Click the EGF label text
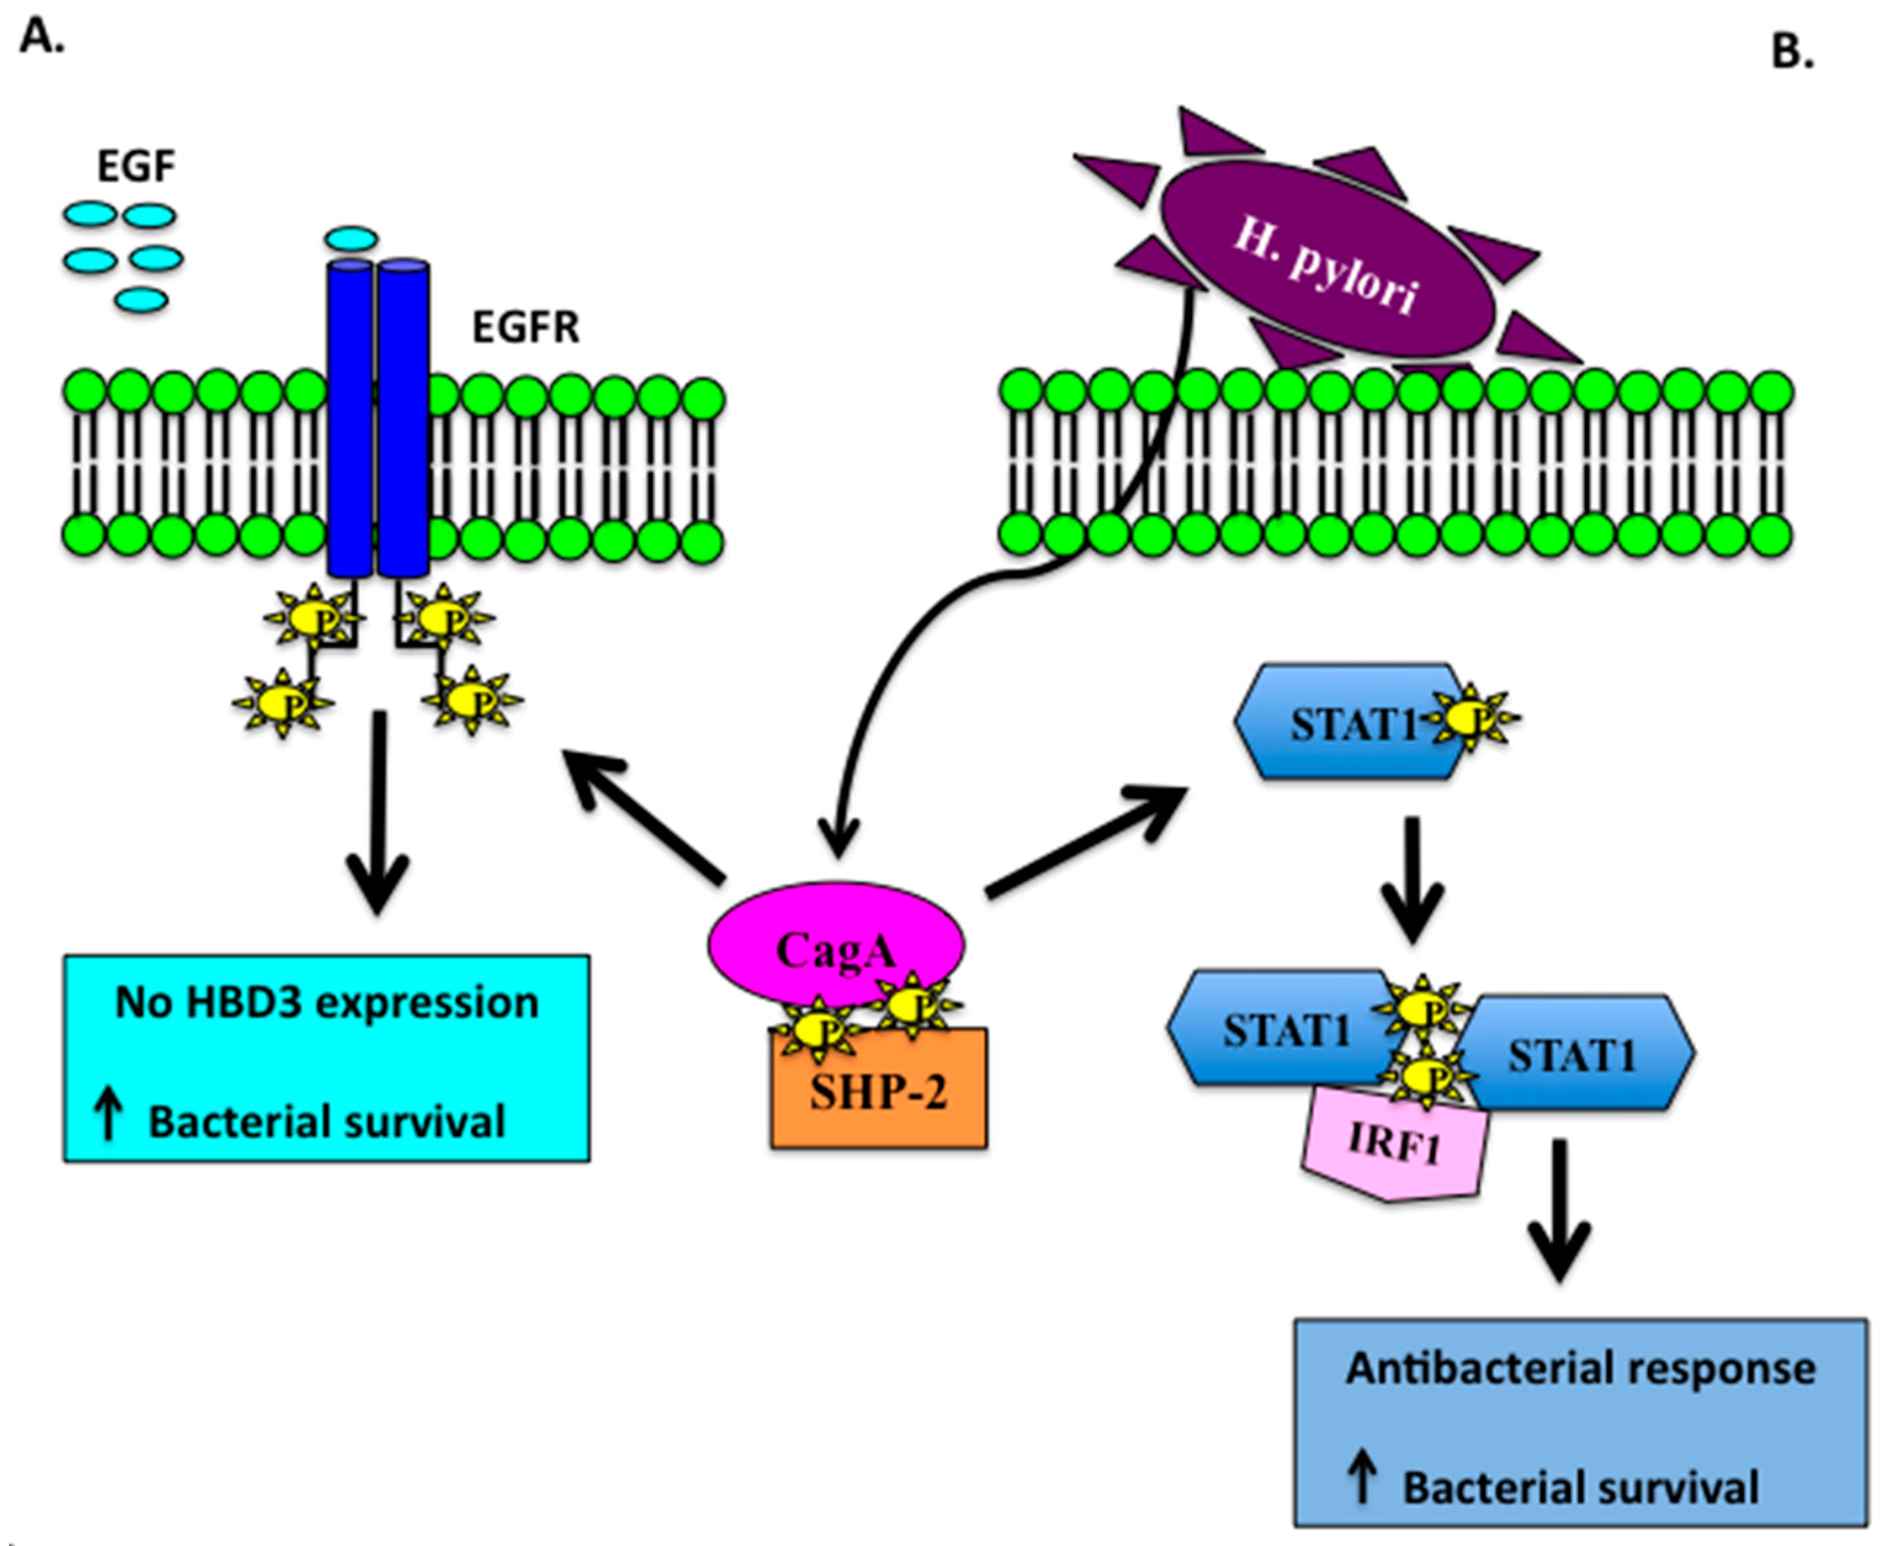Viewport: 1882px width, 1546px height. click(136, 166)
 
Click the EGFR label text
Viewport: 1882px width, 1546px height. click(525, 328)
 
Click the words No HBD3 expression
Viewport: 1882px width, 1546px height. click(327, 1003)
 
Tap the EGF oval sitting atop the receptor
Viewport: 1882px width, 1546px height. click(351, 238)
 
